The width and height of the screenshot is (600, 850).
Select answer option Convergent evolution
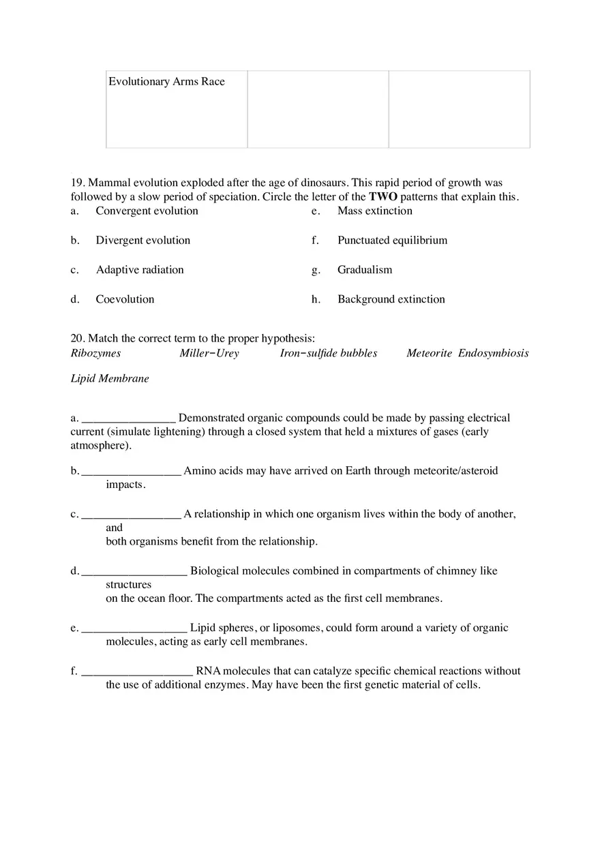pyautogui.click(x=147, y=211)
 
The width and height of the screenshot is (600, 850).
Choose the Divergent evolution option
pyautogui.click(x=142, y=241)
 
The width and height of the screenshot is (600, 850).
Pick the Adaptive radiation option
pyautogui.click(x=140, y=270)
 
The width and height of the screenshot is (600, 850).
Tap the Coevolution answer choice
pyautogui.click(x=125, y=299)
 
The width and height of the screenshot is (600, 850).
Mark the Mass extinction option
pyautogui.click(x=374, y=211)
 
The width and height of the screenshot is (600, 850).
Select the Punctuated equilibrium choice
pyautogui.click(x=392, y=241)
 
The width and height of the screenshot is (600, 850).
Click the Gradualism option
pyautogui.click(x=365, y=270)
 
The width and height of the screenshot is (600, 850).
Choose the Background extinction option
pyautogui.click(x=391, y=299)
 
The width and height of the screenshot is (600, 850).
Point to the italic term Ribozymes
pyautogui.click(x=95, y=353)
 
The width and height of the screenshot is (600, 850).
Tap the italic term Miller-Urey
pyautogui.click(x=209, y=353)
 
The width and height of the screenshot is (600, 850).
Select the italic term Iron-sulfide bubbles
pyautogui.click(x=328, y=353)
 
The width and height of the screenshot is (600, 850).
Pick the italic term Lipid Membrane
pyautogui.click(x=109, y=379)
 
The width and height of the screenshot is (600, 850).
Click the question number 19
pyautogui.click(x=78, y=183)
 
